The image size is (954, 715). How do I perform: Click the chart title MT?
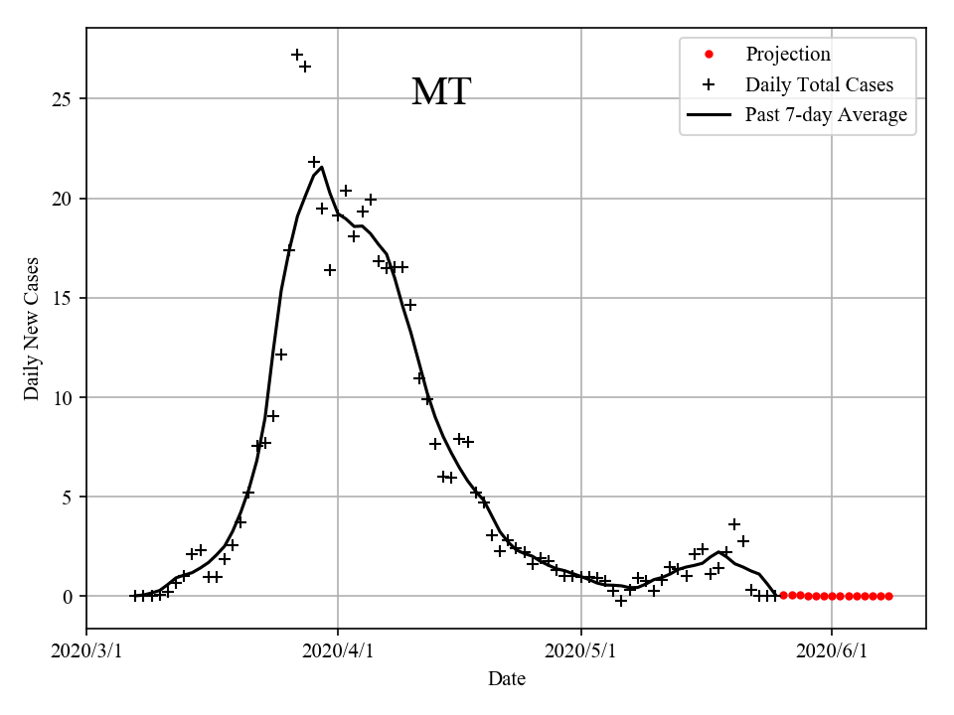(x=440, y=92)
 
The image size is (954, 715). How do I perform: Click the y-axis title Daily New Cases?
(x=32, y=328)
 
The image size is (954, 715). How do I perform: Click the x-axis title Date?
(x=506, y=679)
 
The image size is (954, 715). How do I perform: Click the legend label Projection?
(x=788, y=55)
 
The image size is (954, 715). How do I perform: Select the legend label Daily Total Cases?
(x=819, y=85)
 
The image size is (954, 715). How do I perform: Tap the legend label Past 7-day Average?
(x=826, y=115)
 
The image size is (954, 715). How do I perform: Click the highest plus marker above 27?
(x=297, y=55)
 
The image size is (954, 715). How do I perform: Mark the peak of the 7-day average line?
(x=321, y=167)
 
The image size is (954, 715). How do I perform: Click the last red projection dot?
(x=888, y=596)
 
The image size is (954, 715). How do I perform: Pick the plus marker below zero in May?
(x=621, y=601)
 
